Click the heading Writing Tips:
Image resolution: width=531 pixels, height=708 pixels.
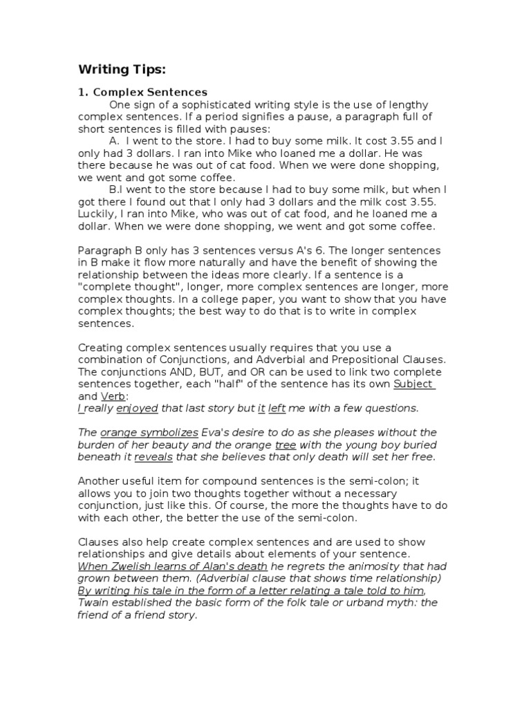pyautogui.click(x=122, y=69)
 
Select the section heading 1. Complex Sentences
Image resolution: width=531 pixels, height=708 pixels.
pyautogui.click(x=142, y=91)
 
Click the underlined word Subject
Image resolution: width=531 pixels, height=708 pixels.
pyautogui.click(x=413, y=384)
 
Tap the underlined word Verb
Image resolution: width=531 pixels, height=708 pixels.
pyautogui.click(x=113, y=396)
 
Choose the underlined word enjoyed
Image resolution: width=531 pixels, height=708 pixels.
pyautogui.click(x=137, y=408)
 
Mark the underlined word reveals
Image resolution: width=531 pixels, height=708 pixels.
pyautogui.click(x=153, y=458)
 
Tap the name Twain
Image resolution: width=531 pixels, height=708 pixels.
pyautogui.click(x=93, y=603)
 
